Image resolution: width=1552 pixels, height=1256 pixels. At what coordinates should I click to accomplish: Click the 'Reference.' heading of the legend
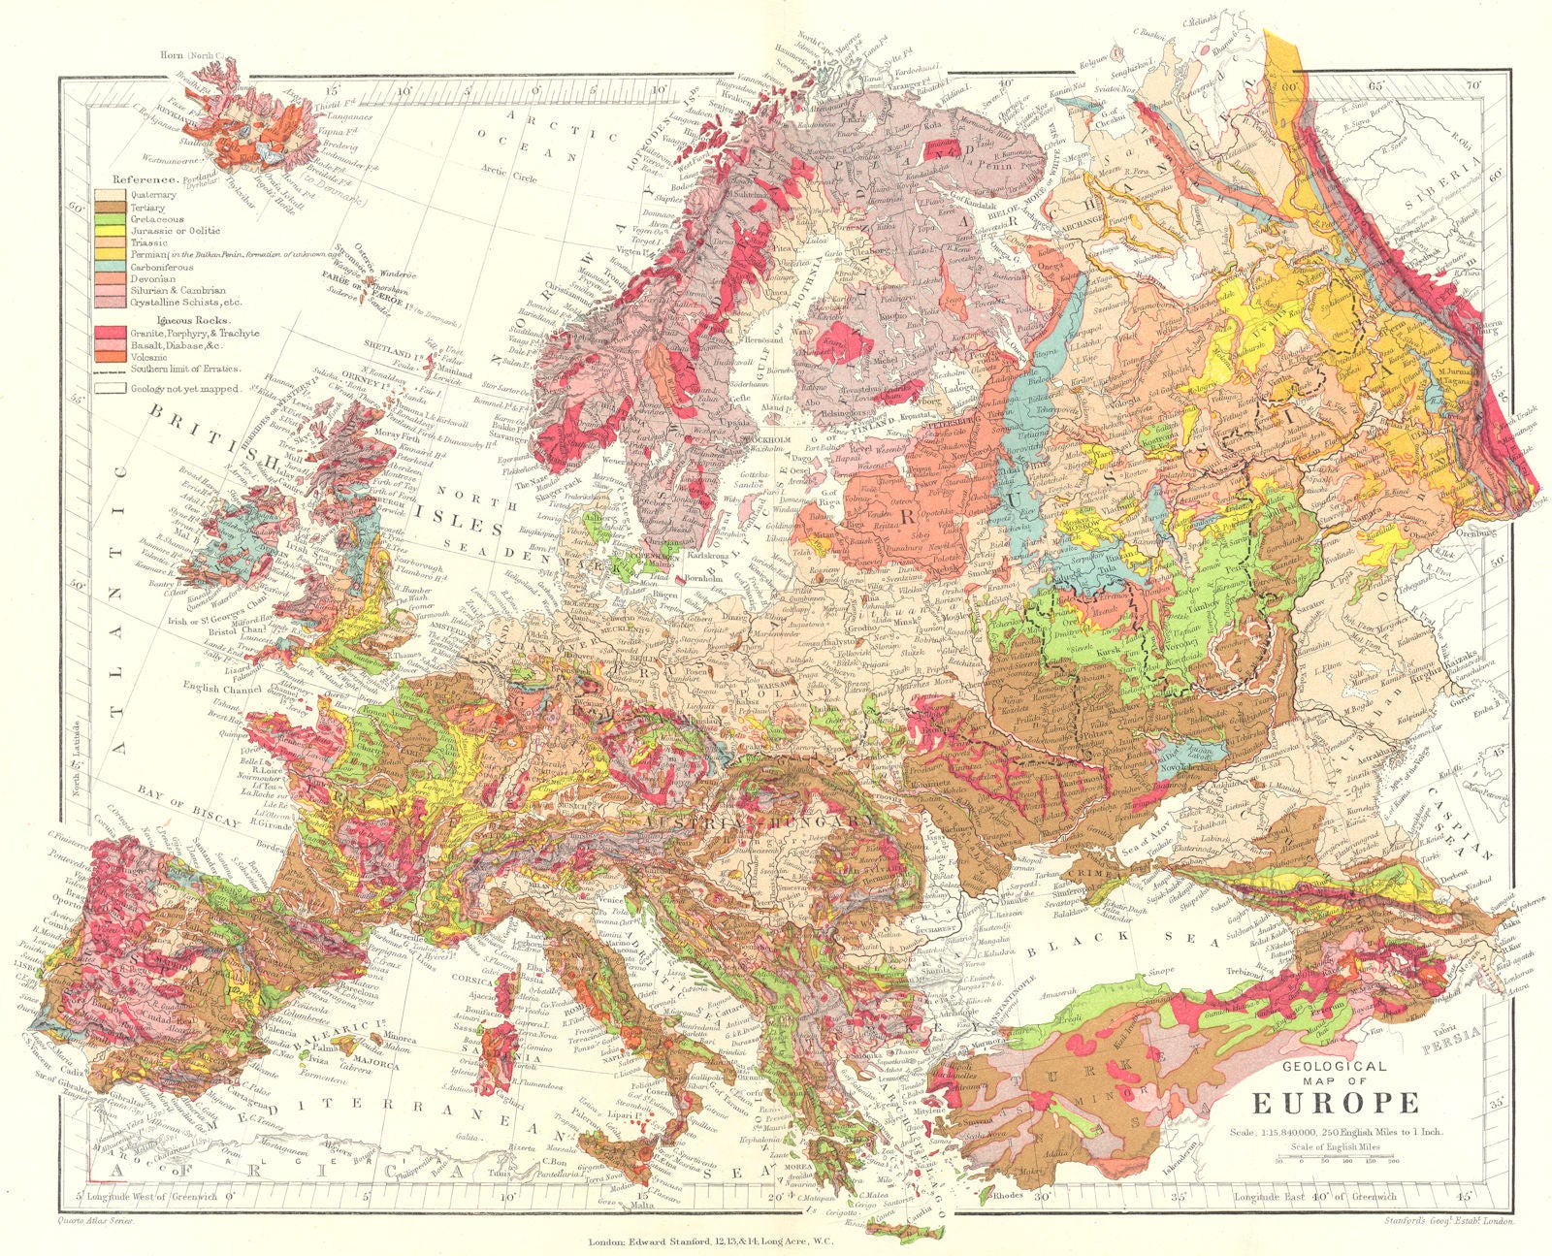145,179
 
